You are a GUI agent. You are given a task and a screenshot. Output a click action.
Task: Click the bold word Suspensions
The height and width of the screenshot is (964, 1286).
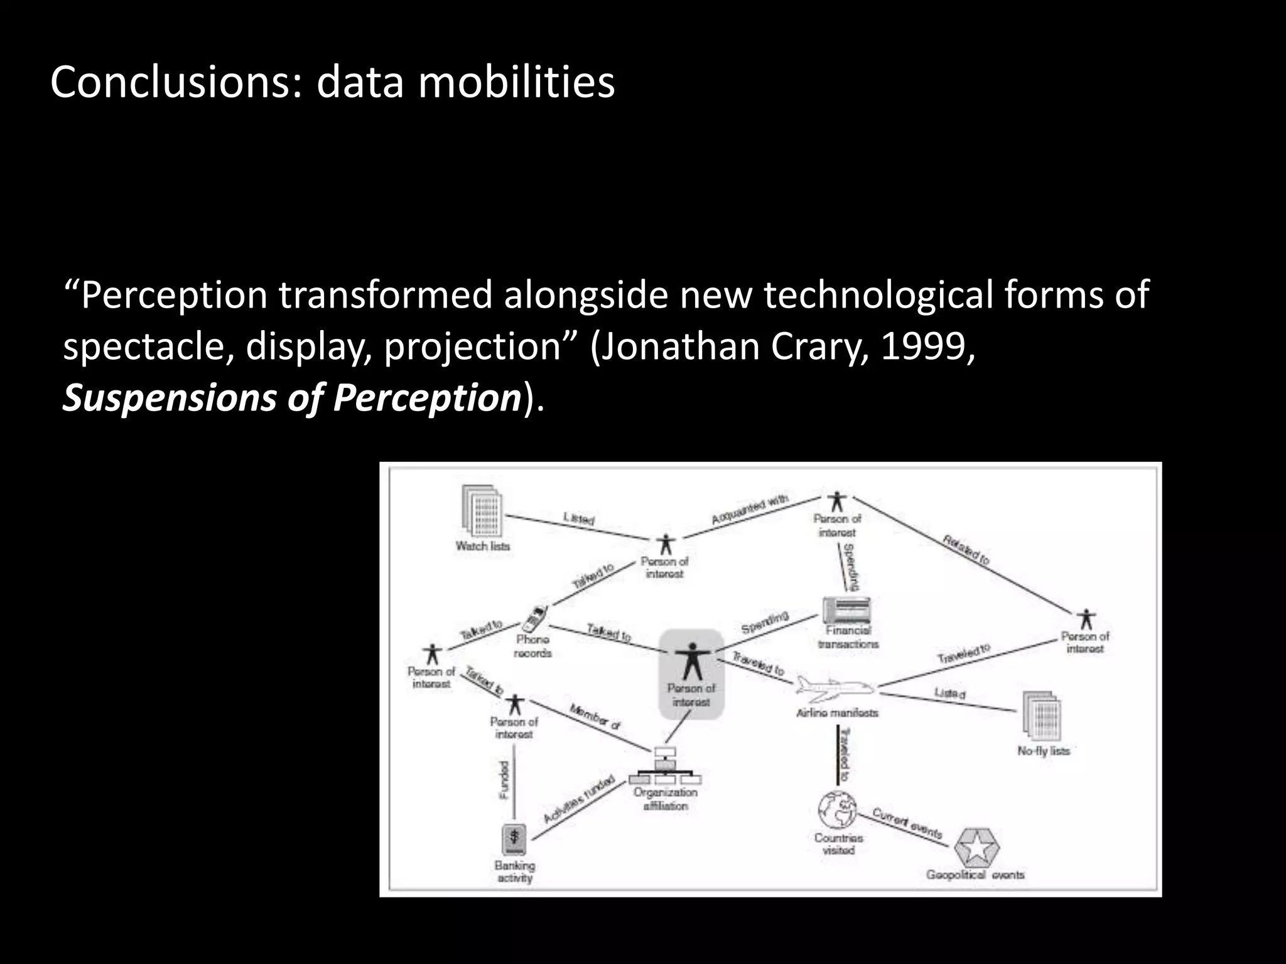[168, 398]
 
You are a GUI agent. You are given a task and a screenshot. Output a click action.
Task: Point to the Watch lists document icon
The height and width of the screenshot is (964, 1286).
[482, 511]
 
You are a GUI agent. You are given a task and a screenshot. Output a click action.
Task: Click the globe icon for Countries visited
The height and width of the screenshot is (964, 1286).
[838, 810]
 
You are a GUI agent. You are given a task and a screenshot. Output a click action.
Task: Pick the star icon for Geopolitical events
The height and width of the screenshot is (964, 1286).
[976, 848]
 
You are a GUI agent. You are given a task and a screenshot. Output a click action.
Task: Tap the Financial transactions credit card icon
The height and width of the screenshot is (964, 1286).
[847, 609]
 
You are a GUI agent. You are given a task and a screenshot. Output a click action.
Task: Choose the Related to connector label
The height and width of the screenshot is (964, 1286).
[965, 550]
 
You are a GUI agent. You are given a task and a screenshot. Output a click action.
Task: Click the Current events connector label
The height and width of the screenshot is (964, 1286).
[907, 823]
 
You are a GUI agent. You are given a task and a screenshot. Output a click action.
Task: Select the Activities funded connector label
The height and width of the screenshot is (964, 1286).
[578, 800]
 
